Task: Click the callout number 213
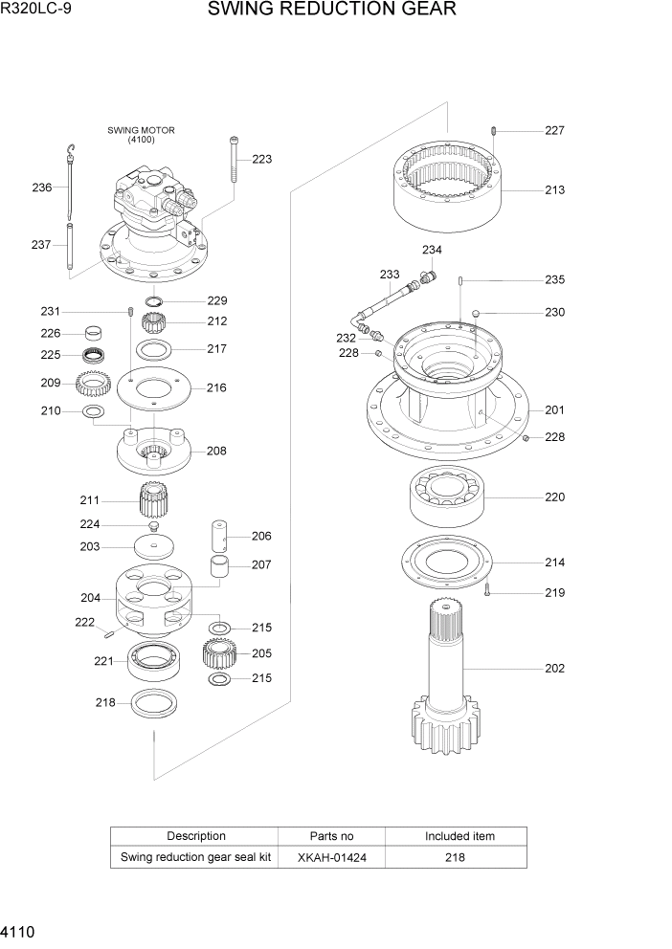554,190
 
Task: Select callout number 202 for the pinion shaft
554,669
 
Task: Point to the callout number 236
41,188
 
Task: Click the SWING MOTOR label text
141,130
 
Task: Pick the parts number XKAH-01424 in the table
331,858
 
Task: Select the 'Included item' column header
459,836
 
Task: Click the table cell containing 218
455,858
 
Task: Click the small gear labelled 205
219,654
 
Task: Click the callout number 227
554,131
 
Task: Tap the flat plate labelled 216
154,388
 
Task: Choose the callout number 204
90,599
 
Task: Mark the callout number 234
431,251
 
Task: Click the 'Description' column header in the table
196,836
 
